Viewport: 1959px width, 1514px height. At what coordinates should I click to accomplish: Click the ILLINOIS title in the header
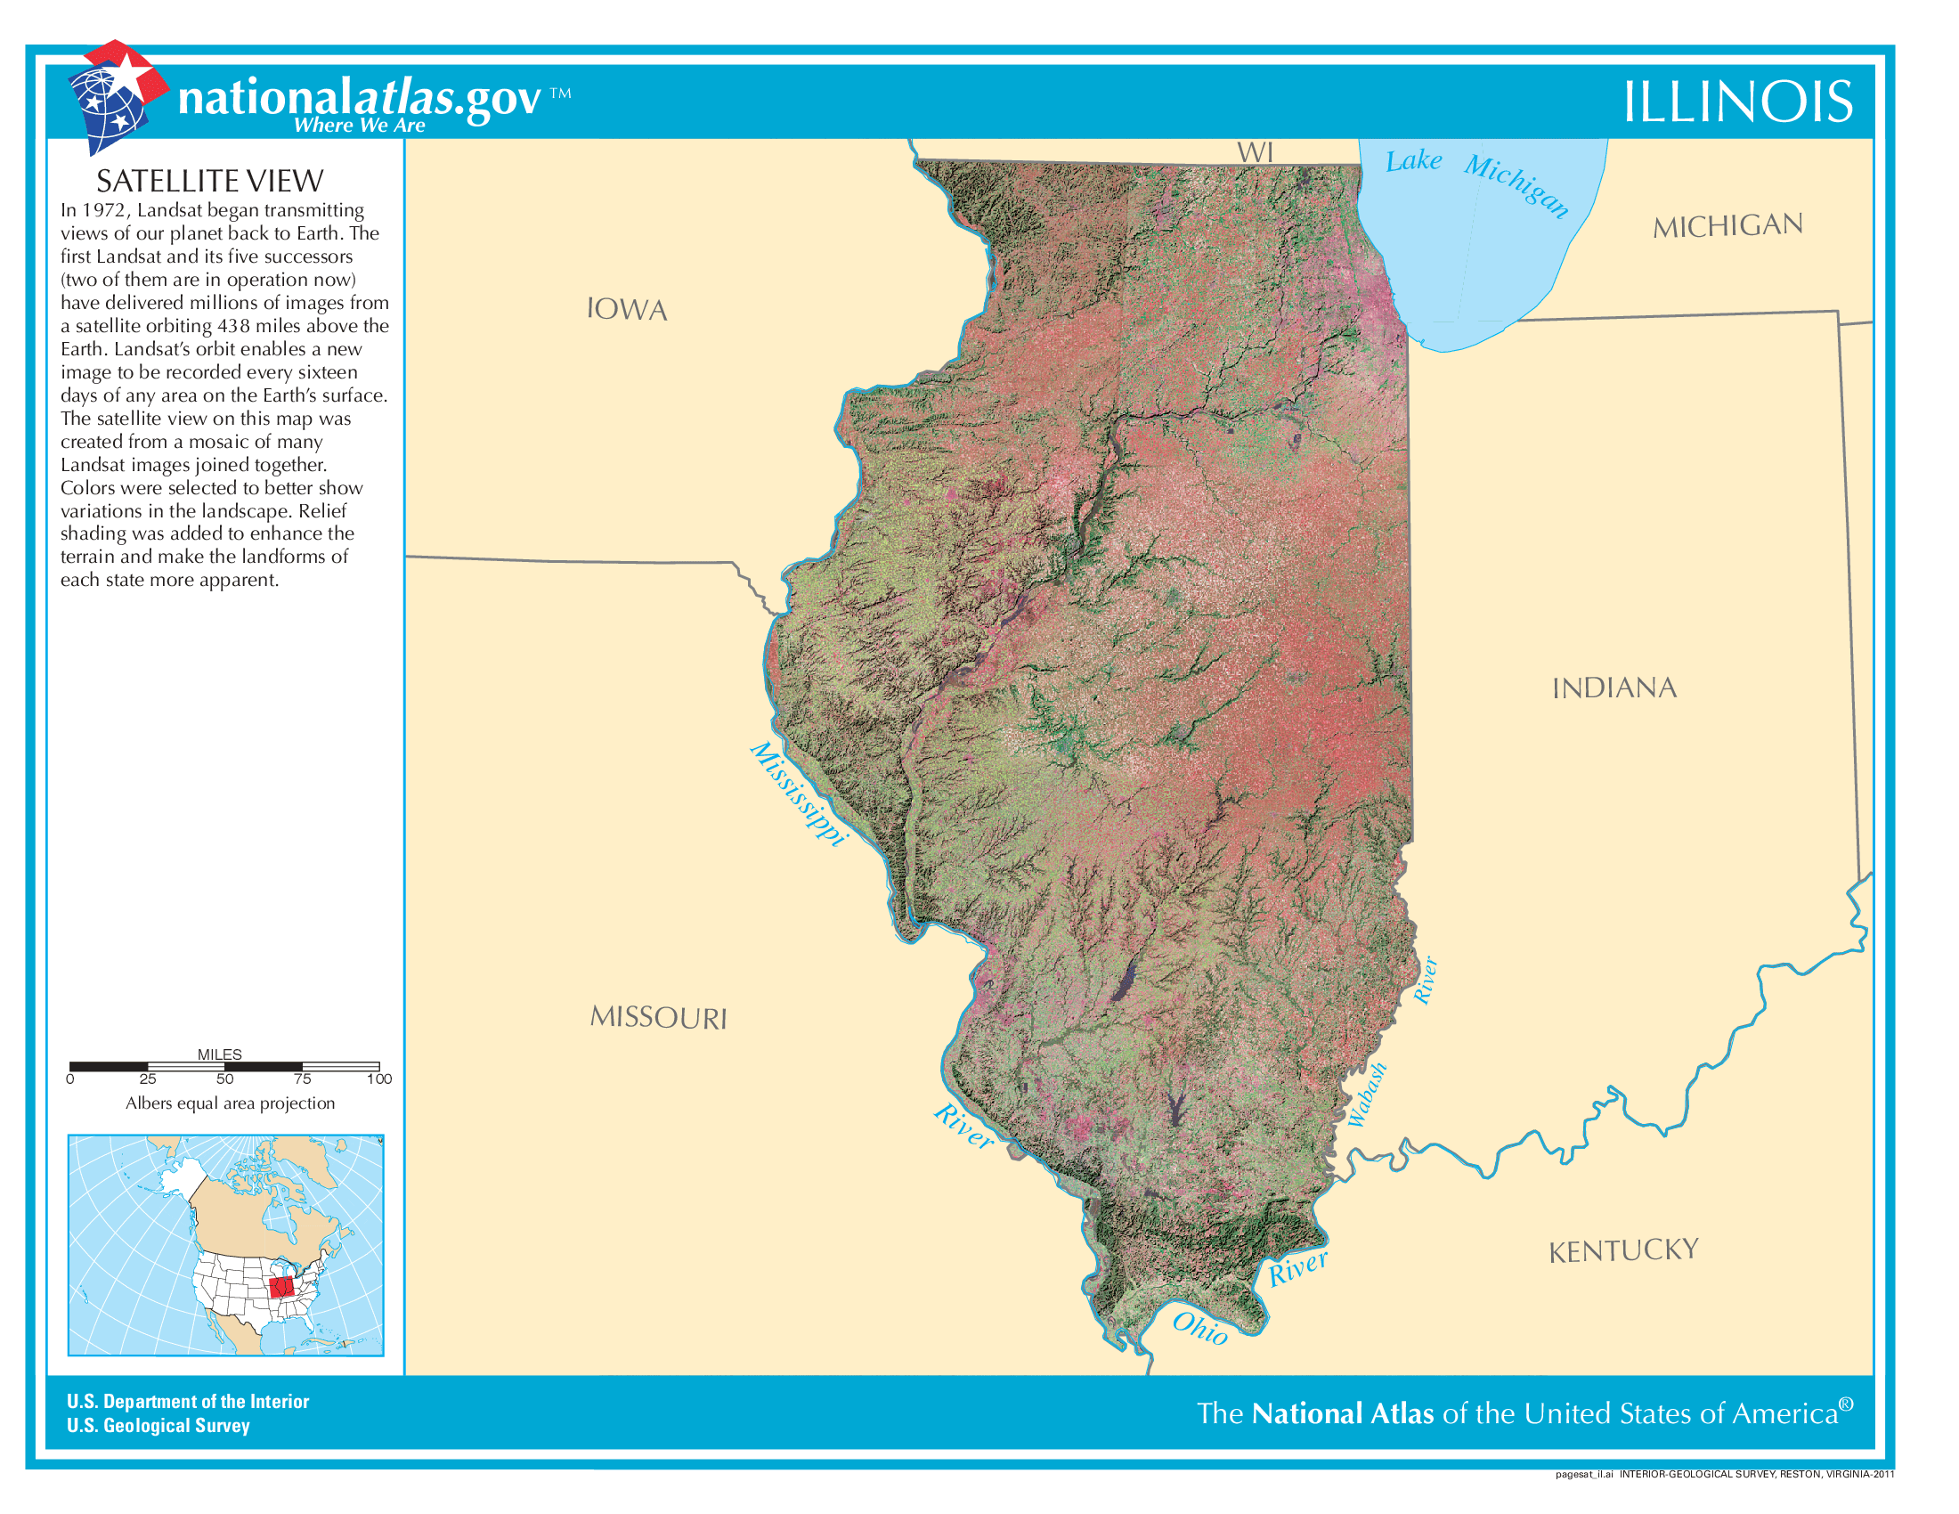coord(1737,102)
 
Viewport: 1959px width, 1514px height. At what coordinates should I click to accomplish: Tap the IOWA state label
coord(627,309)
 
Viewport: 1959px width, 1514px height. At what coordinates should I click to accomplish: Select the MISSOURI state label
coord(658,1017)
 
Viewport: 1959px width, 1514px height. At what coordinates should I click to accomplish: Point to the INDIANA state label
coord(1614,688)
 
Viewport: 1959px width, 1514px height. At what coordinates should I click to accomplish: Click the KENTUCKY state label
coord(1623,1250)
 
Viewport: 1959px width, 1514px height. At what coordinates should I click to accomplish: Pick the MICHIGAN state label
coord(1727,226)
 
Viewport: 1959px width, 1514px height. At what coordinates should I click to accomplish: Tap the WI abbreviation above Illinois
coord(1255,152)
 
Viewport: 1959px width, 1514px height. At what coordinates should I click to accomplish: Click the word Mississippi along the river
coord(799,793)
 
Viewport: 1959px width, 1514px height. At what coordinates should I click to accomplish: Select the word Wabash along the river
coord(1367,1095)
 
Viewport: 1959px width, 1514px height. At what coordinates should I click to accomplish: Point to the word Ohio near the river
coord(1200,1328)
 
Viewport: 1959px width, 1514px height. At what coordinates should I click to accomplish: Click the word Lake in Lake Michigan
coord(1414,161)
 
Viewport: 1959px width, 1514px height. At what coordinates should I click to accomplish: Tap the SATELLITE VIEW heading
coord(209,181)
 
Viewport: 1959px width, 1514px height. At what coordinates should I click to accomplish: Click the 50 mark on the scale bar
coord(224,1079)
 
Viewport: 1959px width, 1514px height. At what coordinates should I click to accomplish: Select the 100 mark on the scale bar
coord(379,1079)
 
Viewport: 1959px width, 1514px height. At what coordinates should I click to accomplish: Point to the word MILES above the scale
coord(220,1054)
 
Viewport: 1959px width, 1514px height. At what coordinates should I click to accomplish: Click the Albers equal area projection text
coord(230,1103)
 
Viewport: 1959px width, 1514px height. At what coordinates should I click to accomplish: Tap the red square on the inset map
coord(281,1287)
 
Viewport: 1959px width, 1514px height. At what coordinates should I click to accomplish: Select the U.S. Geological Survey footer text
coord(158,1425)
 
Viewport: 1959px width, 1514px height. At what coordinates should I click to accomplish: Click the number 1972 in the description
coord(107,210)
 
